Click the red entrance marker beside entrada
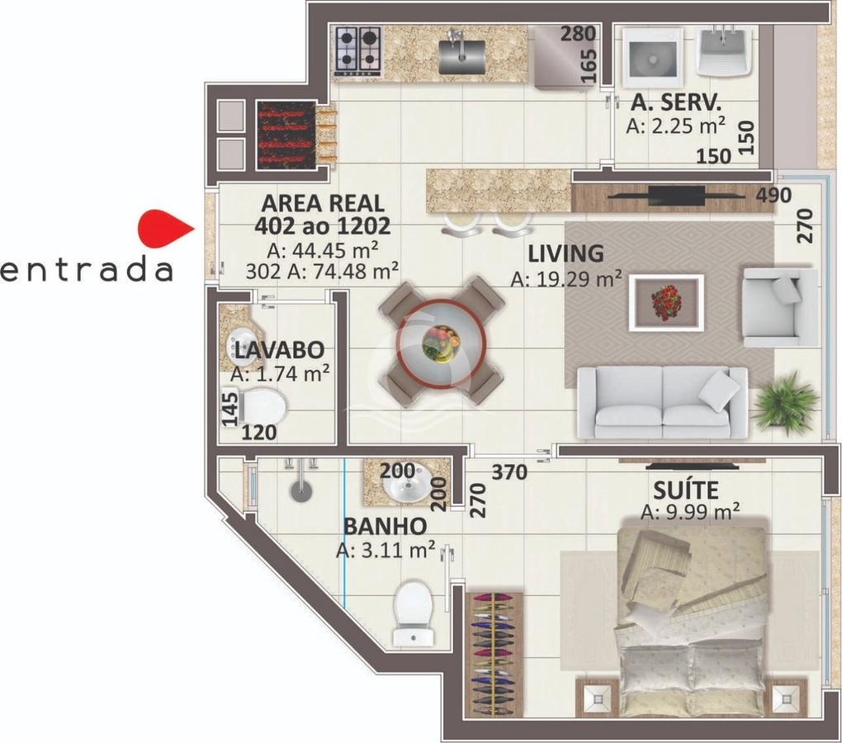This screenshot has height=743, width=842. tap(163, 230)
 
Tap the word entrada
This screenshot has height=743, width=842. tap(86, 270)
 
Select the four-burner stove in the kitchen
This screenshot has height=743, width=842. tap(357, 51)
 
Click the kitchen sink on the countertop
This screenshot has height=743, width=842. tap(461, 54)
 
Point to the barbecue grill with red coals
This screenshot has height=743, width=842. tap(286, 135)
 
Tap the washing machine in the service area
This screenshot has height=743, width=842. tap(652, 58)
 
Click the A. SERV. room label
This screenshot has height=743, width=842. tap(676, 102)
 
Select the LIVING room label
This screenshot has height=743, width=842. tap(565, 253)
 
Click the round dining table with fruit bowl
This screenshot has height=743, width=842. tap(442, 342)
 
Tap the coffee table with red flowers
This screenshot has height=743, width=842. tap(666, 303)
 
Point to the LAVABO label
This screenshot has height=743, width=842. tap(279, 350)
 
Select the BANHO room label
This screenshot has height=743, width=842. tap(385, 526)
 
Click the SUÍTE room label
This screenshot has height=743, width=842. tap(686, 490)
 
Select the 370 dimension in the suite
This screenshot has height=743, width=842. tap(509, 472)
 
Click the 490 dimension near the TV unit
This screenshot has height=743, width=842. tap(773, 196)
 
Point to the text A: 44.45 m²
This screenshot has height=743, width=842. tap(322, 249)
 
